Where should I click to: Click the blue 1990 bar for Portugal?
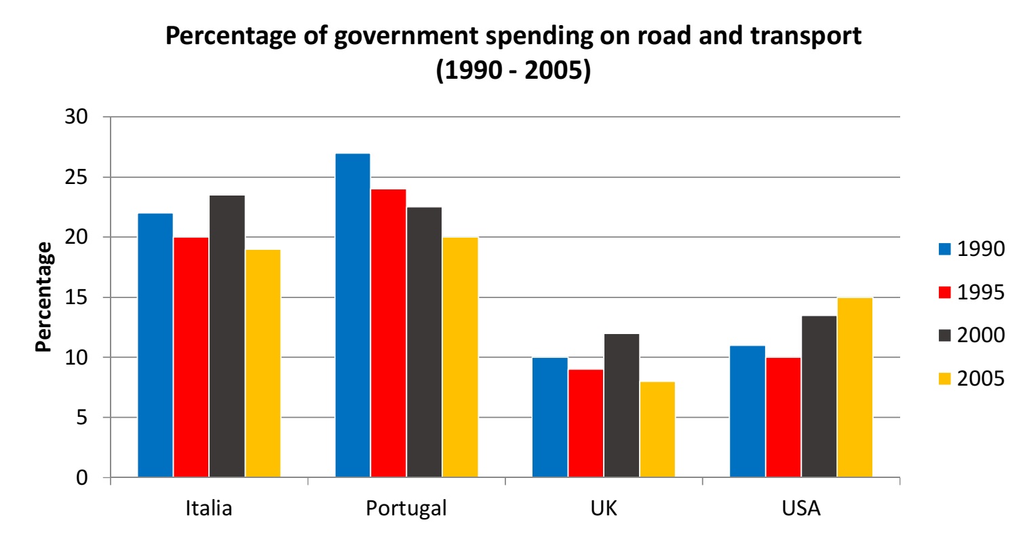coord(353,316)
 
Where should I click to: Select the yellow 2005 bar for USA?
coord(855,387)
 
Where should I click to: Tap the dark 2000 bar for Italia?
coord(227,336)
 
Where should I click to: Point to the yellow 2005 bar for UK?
coord(657,429)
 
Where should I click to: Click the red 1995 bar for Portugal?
coord(388,333)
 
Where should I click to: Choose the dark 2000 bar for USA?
coord(819,396)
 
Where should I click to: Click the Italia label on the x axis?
coord(208,509)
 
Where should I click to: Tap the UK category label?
coord(604,509)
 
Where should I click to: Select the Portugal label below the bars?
coord(406,509)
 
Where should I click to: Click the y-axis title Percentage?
coord(43,297)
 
